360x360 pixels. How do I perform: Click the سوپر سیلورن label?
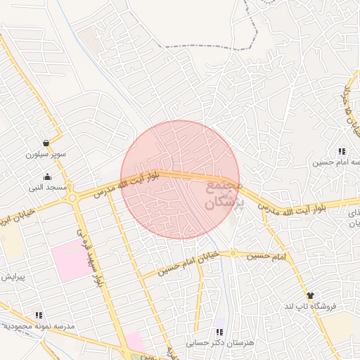[x=46, y=154]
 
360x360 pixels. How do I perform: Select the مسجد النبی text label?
[x=46, y=188]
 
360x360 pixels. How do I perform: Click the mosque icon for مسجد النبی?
[x=46, y=176]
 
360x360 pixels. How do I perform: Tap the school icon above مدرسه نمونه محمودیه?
[x=39, y=316]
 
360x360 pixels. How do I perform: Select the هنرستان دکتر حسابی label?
[x=219, y=343]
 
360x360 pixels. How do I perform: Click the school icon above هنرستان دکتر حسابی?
[x=219, y=332]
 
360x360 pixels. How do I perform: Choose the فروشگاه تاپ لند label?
[x=311, y=306]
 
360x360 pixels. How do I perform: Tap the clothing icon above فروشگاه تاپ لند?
[x=309, y=295]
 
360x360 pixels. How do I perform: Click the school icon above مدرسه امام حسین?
[x=341, y=151]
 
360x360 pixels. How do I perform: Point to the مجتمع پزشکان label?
[x=224, y=194]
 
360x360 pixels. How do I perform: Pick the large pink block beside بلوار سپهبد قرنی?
[x=70, y=259]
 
